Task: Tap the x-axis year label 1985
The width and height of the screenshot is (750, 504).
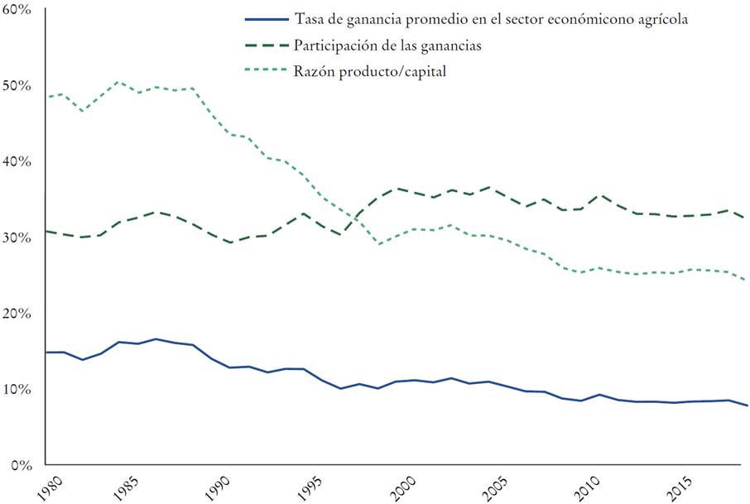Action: [x=127, y=486]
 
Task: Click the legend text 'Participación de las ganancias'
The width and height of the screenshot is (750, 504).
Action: [x=387, y=45]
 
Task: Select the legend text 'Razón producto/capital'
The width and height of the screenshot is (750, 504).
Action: [x=370, y=71]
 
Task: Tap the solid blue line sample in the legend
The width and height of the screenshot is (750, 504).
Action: [x=266, y=19]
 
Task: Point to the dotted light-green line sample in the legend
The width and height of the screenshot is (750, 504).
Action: [x=266, y=71]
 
